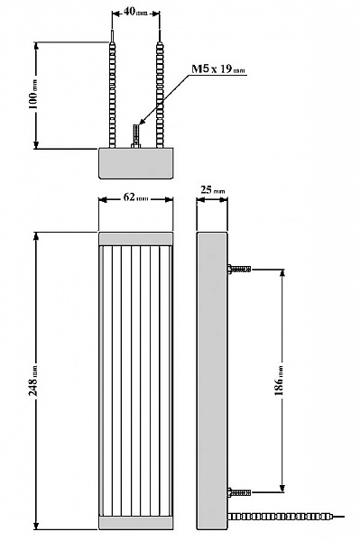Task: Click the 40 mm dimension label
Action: [135, 12]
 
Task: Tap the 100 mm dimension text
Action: [33, 96]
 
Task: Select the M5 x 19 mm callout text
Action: [218, 69]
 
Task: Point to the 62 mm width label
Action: [135, 197]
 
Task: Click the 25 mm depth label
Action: [212, 189]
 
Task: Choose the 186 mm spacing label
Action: [279, 381]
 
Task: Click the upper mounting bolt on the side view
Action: [239, 269]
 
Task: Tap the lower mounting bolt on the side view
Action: [239, 492]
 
